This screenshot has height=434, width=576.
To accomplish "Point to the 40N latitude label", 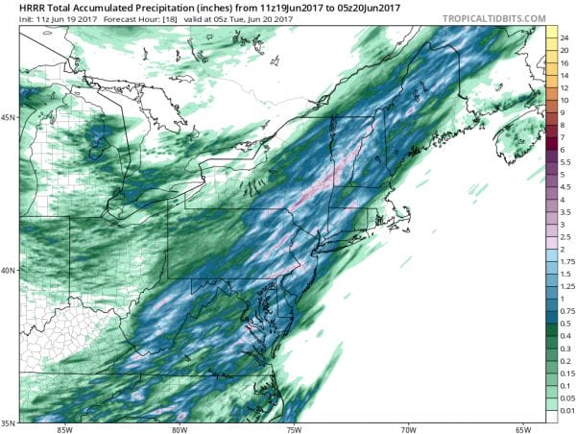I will pos(10,270).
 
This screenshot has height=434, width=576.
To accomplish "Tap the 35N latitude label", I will pos(10,422).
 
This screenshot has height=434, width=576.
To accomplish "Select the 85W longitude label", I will pos(65,428).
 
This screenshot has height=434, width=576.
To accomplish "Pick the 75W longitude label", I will pos(294,428).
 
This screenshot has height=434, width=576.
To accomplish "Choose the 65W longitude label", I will pos(522,428).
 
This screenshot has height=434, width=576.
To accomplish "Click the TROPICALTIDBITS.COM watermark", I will pos(492,18).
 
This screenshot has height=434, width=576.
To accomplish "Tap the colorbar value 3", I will pos(564,225).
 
